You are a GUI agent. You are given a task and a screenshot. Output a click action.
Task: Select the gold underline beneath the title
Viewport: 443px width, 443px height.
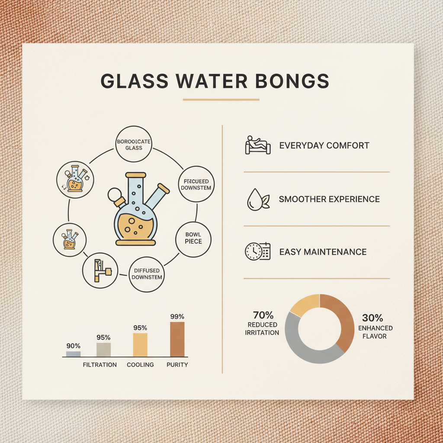(221, 100)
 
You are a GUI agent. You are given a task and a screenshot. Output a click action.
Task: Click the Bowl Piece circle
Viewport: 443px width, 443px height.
(193, 238)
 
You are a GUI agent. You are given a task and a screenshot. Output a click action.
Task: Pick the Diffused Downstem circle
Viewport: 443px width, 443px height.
(147, 274)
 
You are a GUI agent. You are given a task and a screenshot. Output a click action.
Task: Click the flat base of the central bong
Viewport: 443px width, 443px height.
(135, 242)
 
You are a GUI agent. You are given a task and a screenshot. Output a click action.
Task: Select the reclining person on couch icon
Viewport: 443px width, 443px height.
(257, 145)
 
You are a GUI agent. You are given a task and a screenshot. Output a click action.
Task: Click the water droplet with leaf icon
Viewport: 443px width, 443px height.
(257, 199)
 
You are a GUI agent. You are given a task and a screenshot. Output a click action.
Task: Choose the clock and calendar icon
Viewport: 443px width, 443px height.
(257, 251)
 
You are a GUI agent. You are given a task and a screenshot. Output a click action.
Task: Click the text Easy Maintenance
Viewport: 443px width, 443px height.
(323, 252)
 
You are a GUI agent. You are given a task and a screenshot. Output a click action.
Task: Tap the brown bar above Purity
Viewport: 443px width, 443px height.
(177, 339)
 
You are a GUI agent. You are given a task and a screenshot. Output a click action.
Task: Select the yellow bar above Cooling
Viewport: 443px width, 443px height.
(140, 345)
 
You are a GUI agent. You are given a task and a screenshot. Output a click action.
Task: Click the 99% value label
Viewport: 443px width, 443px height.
(177, 316)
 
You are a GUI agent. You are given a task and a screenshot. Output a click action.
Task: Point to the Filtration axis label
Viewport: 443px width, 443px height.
(100, 365)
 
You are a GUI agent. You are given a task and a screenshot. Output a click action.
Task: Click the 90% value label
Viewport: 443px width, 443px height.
(74, 346)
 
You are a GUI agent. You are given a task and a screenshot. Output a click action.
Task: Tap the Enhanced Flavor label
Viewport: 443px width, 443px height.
(375, 332)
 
